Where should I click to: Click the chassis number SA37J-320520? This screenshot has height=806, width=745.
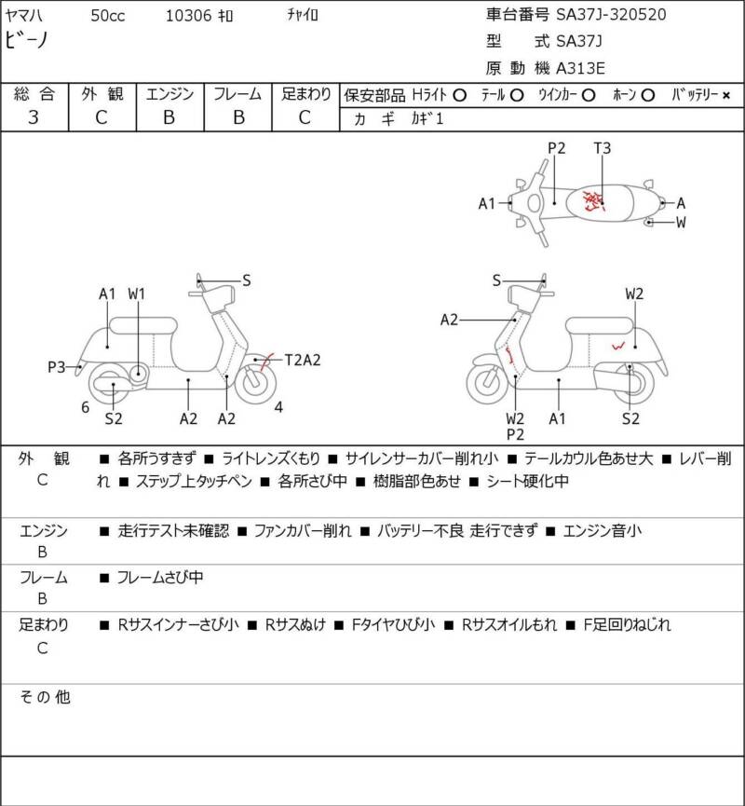[611, 14]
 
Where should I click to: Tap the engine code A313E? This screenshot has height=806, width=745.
[580, 68]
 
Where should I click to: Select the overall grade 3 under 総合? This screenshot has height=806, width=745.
[34, 117]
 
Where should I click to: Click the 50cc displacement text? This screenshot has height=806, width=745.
[108, 16]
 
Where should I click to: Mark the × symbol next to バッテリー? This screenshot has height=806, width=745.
[726, 95]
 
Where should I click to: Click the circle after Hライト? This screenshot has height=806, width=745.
[460, 95]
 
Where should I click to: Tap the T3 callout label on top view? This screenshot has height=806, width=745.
[603, 148]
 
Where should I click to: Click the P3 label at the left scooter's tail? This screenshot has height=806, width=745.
[57, 367]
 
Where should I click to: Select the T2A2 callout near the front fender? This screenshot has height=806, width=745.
[303, 360]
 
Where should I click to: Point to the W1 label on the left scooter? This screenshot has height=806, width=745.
[137, 294]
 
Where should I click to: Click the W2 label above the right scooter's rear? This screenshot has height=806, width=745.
[634, 294]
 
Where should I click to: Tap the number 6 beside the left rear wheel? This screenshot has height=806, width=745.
[86, 407]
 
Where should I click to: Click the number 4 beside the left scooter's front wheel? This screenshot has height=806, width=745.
[278, 407]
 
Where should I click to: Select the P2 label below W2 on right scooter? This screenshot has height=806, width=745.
[515, 435]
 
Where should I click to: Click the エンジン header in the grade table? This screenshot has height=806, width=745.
[169, 94]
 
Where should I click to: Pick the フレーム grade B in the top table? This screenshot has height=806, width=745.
[238, 117]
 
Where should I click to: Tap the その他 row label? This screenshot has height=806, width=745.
[45, 697]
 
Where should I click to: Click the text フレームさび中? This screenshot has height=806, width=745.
[160, 578]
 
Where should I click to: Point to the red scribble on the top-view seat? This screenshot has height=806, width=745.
[594, 200]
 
